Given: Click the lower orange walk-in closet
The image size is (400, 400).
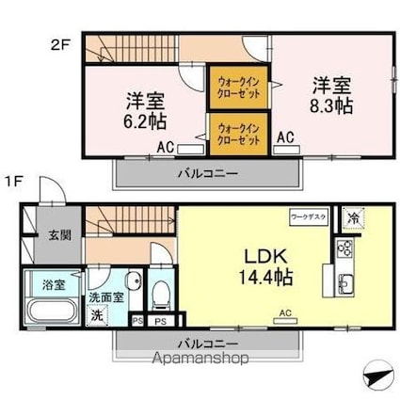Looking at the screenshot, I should (235, 134).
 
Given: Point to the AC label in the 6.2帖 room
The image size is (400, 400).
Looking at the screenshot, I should (165, 147).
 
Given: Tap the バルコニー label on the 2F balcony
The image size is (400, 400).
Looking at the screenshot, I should (206, 172).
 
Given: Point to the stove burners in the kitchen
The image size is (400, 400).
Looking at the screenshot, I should (344, 249).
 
